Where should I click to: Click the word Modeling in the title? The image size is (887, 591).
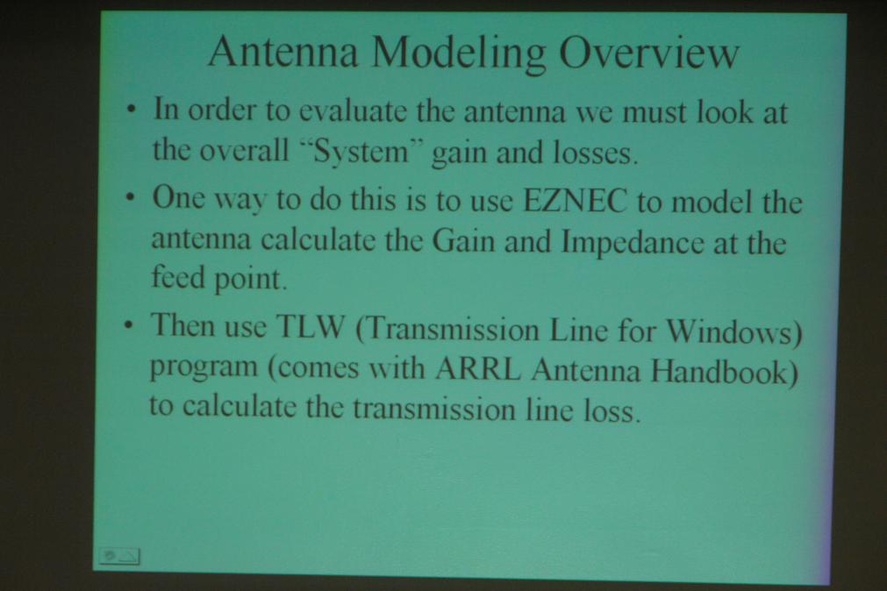point(459,53)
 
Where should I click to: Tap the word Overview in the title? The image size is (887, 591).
point(649,53)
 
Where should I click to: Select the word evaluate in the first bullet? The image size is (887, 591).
point(353,110)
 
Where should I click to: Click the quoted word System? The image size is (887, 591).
point(361,152)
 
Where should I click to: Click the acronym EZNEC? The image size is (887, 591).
point(576,200)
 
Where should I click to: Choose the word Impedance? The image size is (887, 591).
point(633,243)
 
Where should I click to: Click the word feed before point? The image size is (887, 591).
point(178,278)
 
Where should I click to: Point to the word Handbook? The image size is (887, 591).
point(722,372)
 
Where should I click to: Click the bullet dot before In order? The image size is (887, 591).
point(132,109)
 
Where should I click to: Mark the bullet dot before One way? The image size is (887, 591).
point(132,198)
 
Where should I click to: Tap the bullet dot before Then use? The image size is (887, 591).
point(130,326)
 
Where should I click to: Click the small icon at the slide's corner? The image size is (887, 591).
point(119,557)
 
